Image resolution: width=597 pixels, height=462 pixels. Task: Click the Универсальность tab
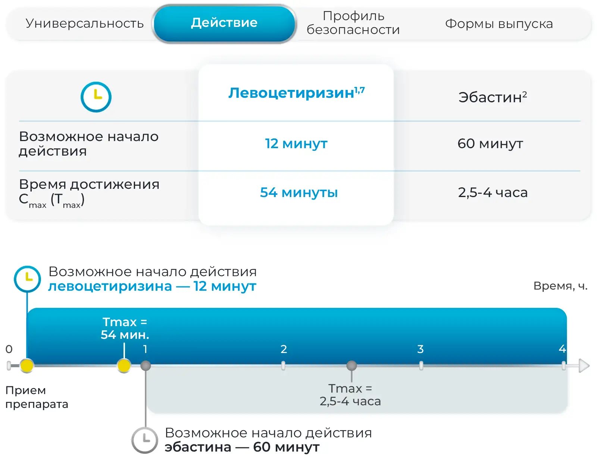click(x=84, y=23)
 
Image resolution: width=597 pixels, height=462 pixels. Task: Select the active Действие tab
click(x=224, y=23)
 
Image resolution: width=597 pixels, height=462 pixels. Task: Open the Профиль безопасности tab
click(x=353, y=23)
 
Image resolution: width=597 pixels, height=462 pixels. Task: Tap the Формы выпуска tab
click(x=499, y=24)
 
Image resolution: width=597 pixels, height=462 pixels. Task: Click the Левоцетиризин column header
click(x=296, y=93)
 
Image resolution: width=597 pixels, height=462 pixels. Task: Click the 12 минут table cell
click(x=296, y=144)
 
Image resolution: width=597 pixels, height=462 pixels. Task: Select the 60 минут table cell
click(x=490, y=144)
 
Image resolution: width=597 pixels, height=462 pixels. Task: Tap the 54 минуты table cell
click(x=298, y=193)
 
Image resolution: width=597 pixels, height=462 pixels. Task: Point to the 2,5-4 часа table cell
click(x=493, y=193)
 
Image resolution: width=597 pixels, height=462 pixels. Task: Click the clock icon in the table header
click(x=96, y=97)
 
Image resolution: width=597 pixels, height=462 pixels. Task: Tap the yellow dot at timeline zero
click(x=27, y=366)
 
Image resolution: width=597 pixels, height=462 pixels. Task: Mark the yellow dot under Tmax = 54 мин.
click(x=124, y=366)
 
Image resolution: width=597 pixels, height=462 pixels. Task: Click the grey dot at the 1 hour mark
click(x=146, y=366)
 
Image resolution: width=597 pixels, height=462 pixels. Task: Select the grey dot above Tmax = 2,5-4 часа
click(x=351, y=366)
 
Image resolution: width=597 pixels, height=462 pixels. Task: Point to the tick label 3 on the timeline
click(x=421, y=349)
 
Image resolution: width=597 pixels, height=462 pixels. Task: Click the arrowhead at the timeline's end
click(x=584, y=366)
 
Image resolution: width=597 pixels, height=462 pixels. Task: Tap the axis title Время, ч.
click(x=560, y=286)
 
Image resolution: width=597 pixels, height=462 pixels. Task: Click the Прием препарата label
click(x=37, y=397)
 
